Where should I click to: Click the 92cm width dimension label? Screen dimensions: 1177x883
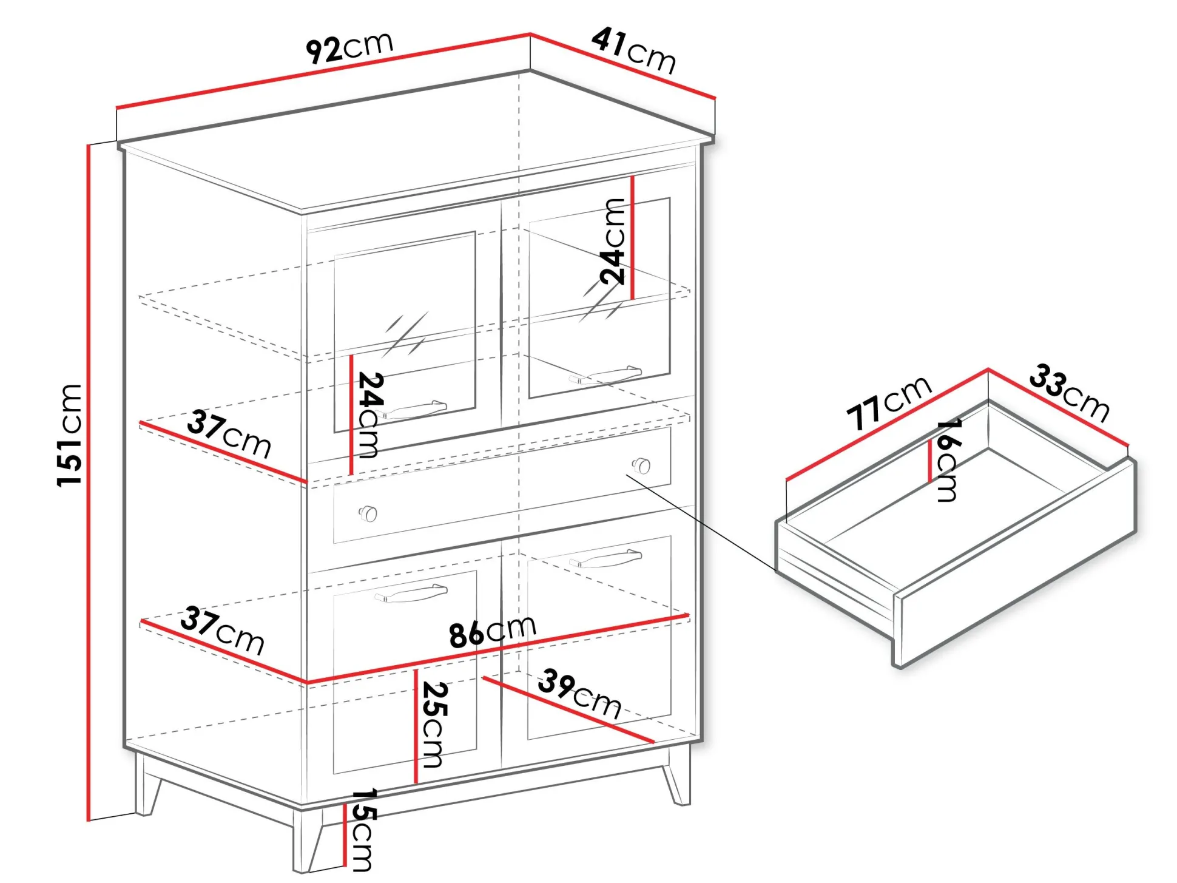(349, 47)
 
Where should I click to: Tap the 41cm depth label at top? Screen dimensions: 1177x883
(634, 50)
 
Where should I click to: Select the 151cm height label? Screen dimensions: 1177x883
(70, 435)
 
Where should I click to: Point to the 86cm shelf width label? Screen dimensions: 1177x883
(493, 631)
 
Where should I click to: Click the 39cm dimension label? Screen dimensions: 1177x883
(579, 694)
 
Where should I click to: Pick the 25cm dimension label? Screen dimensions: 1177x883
(434, 725)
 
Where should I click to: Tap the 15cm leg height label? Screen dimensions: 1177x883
(363, 830)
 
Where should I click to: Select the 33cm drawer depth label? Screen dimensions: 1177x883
(1070, 392)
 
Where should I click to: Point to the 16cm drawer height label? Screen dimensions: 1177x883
(948, 460)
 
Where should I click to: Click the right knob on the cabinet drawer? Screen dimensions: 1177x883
(641, 466)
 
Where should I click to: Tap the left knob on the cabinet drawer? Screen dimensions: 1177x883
(368, 514)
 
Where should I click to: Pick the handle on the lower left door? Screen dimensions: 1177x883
(411, 593)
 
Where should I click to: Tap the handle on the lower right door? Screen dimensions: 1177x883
(605, 558)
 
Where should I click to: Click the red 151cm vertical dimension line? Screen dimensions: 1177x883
(89, 482)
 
